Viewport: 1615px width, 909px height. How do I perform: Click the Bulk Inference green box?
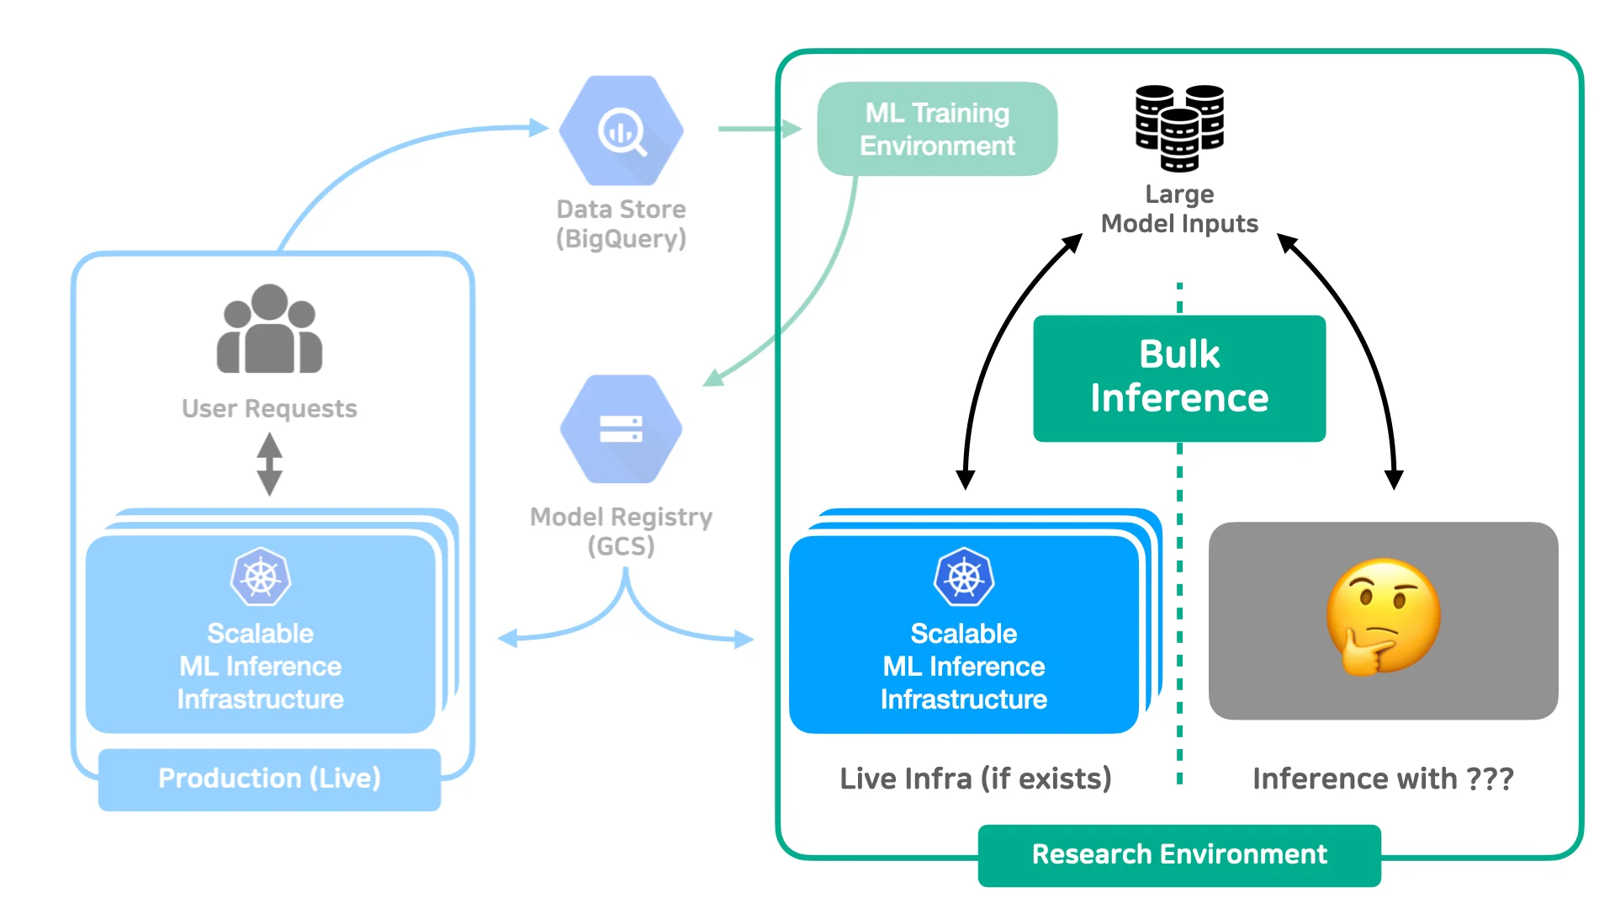tap(1179, 378)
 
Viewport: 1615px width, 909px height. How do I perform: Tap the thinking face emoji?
tap(1383, 617)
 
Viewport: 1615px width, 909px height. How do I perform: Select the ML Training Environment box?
tap(937, 129)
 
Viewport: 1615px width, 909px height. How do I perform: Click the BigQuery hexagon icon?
tap(622, 130)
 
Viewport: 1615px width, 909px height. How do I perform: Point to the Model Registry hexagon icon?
tap(621, 428)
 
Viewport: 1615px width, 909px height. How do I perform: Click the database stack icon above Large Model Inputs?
tap(1179, 127)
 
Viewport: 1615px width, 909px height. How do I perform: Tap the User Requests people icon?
tap(269, 329)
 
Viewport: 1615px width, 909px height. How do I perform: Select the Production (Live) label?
tap(269, 779)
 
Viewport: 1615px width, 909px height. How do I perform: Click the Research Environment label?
tap(1179, 854)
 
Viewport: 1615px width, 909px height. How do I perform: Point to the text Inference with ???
tap(1383, 779)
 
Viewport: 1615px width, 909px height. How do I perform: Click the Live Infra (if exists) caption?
tap(976, 779)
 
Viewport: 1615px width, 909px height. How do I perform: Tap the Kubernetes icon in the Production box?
tap(261, 577)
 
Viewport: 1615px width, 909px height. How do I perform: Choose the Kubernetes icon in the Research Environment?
tap(964, 577)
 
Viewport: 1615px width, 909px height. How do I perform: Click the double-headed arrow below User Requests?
tap(269, 464)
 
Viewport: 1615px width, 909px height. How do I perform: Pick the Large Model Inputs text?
tap(1179, 209)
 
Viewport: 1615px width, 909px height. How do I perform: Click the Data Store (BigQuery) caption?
tap(621, 224)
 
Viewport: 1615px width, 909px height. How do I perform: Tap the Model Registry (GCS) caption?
tap(621, 531)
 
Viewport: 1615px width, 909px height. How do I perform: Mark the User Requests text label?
tap(269, 408)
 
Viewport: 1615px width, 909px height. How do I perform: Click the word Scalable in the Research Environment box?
tap(964, 633)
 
